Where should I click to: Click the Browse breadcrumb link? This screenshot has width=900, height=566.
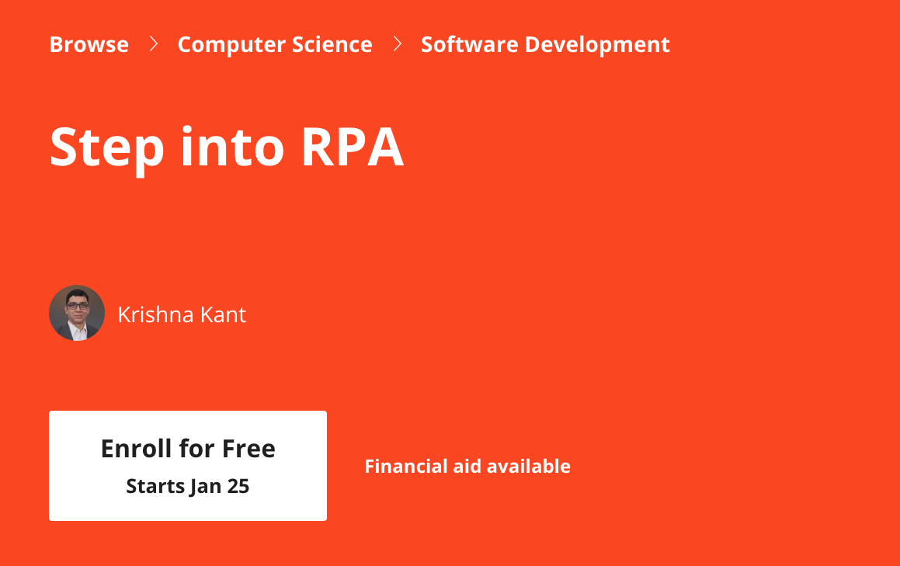click(x=89, y=44)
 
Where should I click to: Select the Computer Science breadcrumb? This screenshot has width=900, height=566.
click(x=274, y=44)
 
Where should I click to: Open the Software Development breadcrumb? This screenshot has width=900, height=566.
click(x=544, y=44)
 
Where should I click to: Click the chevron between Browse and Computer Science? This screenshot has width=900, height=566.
click(x=154, y=44)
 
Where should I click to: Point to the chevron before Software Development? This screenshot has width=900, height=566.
click(x=398, y=44)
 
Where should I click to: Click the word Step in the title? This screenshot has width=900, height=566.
click(x=106, y=147)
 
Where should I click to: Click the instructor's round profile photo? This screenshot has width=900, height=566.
click(x=77, y=313)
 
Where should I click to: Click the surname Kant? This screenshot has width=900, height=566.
click(x=224, y=314)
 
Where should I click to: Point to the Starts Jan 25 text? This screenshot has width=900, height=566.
click(x=187, y=487)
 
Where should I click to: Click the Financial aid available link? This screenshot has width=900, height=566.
click(x=467, y=467)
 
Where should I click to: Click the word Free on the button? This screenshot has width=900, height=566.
click(x=248, y=448)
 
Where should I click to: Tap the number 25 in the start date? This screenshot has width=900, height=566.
click(x=238, y=487)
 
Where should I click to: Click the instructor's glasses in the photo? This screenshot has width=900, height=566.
click(x=76, y=306)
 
